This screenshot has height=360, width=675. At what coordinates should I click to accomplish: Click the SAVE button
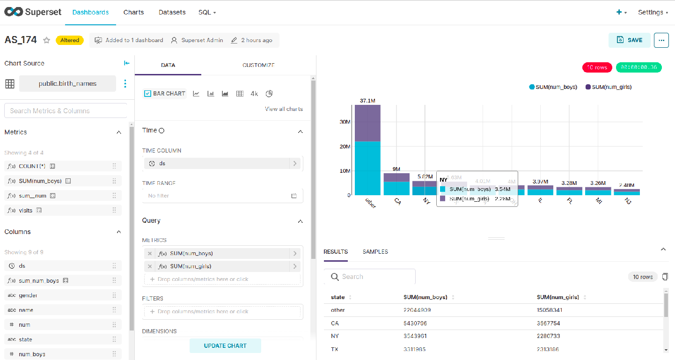(629, 40)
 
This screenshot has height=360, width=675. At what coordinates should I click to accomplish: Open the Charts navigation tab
(133, 12)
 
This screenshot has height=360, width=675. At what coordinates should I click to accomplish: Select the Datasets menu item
(172, 12)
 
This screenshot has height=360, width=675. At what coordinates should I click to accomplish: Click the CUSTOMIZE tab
(258, 65)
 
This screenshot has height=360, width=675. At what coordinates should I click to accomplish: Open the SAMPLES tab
(375, 252)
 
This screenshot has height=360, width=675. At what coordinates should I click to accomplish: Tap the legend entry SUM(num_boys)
(556, 87)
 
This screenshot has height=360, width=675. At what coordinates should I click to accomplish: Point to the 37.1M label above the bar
(367, 101)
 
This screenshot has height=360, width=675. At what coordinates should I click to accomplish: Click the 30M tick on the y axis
(345, 122)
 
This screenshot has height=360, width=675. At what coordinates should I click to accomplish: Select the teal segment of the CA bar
(396, 188)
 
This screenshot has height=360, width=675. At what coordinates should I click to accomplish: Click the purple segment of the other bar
(367, 123)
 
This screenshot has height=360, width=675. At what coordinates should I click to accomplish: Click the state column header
(337, 297)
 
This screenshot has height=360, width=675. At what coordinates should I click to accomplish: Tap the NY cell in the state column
(335, 336)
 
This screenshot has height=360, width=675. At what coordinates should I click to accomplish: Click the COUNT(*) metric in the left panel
(32, 166)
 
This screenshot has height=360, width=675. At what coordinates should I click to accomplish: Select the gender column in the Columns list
(28, 295)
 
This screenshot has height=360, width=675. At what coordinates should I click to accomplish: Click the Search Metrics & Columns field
(66, 111)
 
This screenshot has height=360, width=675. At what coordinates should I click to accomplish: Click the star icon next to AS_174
(47, 40)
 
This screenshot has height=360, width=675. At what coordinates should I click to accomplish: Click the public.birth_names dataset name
(67, 84)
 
